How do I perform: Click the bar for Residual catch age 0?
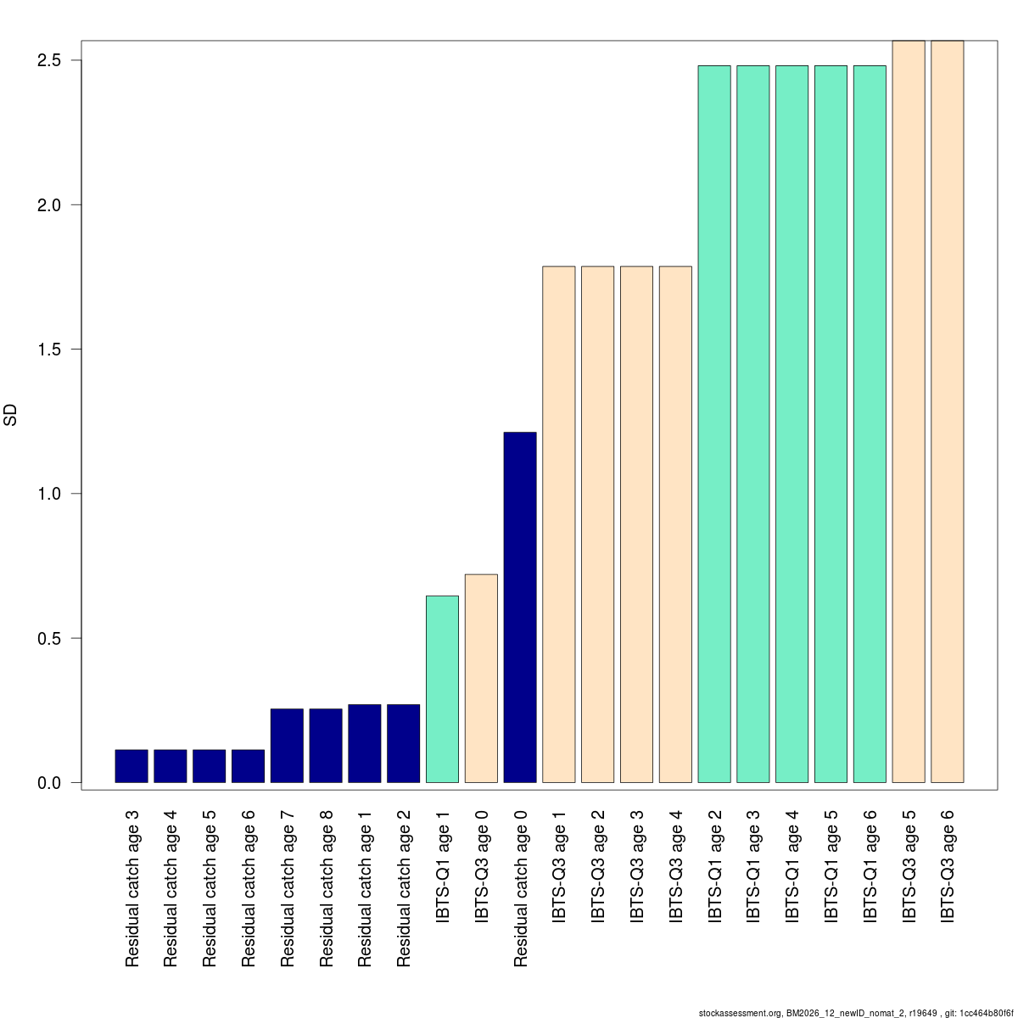pos(520,607)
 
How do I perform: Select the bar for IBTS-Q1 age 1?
pos(442,689)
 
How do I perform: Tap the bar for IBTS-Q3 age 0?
pos(481,679)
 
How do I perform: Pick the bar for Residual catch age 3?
pos(131,766)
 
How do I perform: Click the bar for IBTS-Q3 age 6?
pos(947,411)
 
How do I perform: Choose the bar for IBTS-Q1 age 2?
pos(714,424)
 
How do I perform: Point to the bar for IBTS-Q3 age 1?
pos(559,524)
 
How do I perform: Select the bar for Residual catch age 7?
pos(287,746)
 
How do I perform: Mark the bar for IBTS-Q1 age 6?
pos(870,424)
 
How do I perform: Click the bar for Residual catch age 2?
pos(403,743)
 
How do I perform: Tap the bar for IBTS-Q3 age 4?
pos(675,524)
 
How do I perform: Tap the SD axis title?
pos(11,416)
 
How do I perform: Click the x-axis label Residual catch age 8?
pos(327,888)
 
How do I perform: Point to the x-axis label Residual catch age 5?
pos(210,888)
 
